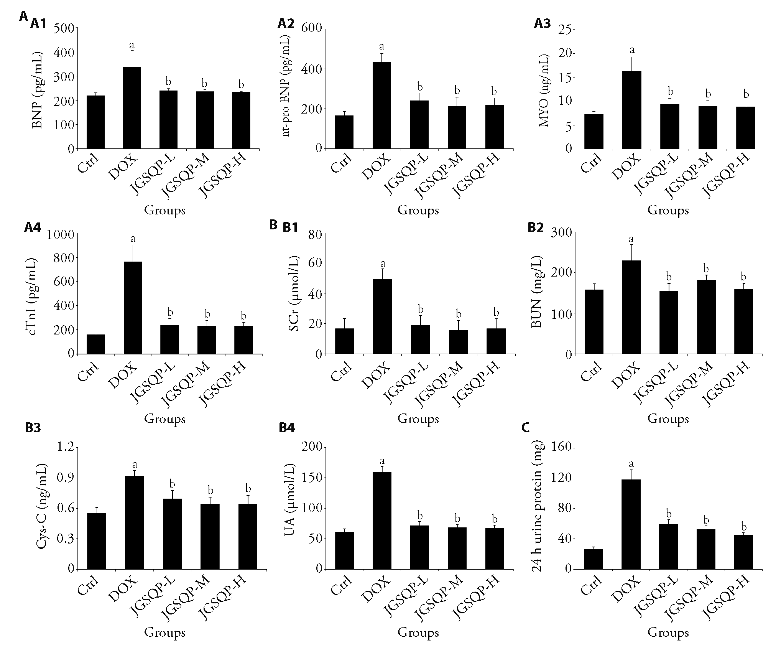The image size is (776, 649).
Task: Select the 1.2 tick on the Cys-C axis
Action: [x=66, y=448]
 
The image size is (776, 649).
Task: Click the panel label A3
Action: [x=542, y=24]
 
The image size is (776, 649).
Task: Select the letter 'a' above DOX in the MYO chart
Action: [x=632, y=50]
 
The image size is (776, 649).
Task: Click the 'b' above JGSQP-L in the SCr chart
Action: [x=421, y=309]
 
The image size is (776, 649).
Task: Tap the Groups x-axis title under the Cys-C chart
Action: [x=164, y=633]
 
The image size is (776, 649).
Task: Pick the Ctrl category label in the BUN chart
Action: [x=591, y=371]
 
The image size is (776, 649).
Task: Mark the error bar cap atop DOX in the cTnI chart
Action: [x=133, y=245]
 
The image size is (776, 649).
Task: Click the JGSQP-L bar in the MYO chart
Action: [x=669, y=126]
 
